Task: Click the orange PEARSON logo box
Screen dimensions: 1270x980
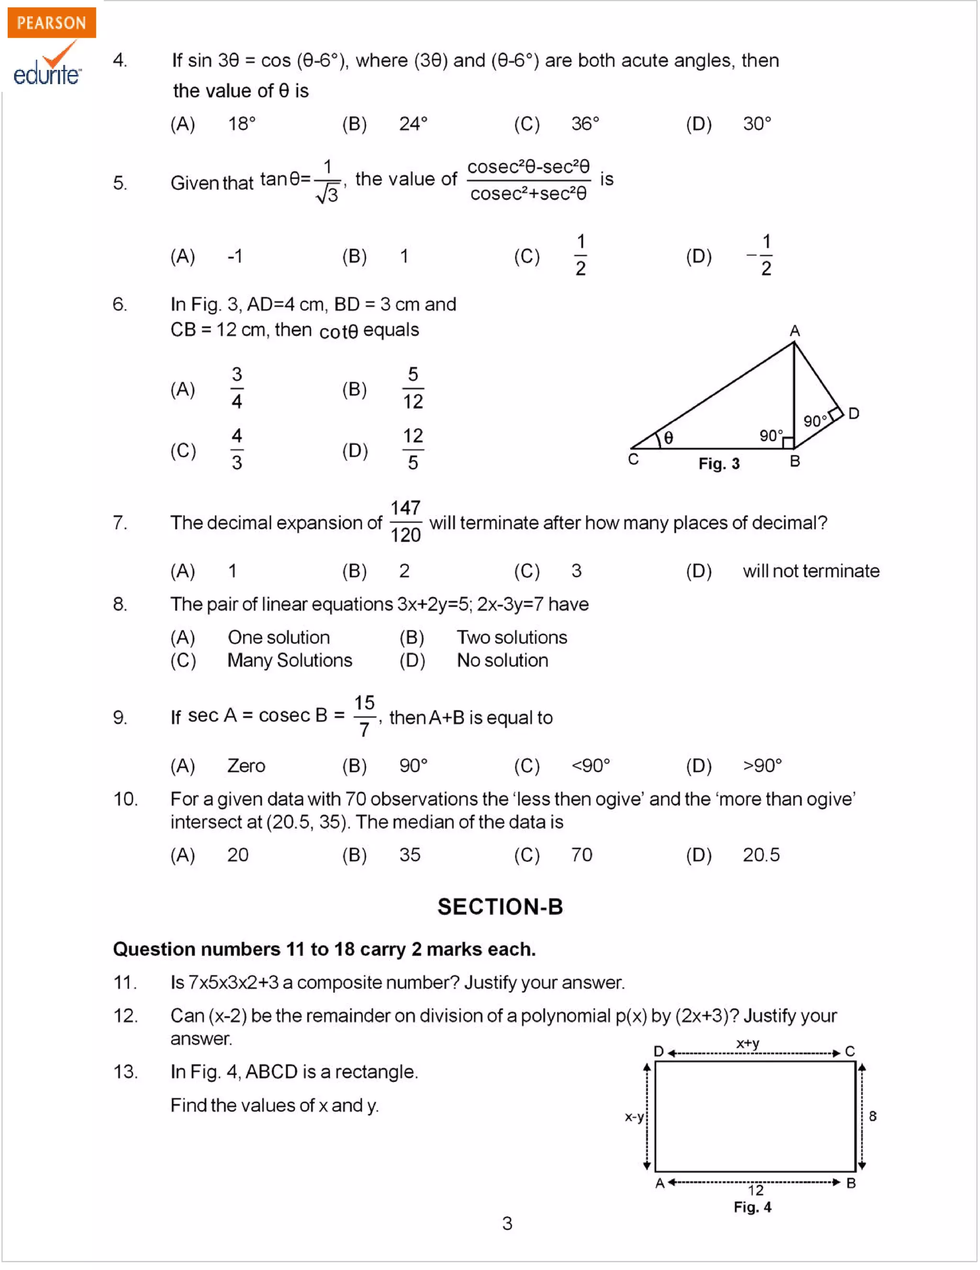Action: click(51, 22)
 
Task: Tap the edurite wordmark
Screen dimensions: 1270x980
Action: click(46, 75)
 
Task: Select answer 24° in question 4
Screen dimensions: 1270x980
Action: click(413, 124)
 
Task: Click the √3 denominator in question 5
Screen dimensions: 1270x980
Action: click(327, 194)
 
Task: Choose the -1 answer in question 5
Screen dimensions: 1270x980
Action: click(235, 256)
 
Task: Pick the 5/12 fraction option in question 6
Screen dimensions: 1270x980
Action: click(413, 388)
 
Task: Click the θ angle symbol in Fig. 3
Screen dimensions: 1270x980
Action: click(668, 438)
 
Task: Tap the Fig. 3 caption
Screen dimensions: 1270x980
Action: click(719, 464)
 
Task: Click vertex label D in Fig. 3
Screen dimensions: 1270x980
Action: click(853, 413)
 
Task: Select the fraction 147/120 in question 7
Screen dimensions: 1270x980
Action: click(405, 521)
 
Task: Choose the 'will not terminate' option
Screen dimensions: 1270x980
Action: click(811, 571)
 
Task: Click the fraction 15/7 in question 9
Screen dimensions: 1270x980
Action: click(365, 716)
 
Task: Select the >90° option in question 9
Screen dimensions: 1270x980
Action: click(762, 766)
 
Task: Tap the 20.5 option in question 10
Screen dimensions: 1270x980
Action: click(761, 855)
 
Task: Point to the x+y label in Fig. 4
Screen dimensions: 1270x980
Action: click(748, 1043)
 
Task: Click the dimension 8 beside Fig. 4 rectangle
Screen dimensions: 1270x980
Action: click(872, 1116)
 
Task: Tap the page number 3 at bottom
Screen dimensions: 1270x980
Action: click(507, 1224)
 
